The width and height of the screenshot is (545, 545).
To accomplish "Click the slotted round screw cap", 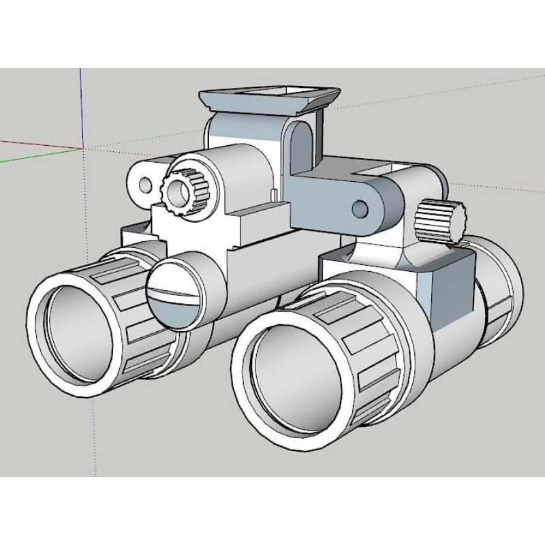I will (x=174, y=295).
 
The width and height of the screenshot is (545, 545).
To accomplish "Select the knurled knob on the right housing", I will (x=439, y=219).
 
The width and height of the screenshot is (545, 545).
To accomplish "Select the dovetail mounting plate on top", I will (x=269, y=99).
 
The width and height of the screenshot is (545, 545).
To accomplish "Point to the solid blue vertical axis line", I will (x=81, y=109).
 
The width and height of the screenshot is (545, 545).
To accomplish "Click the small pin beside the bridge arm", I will (x=272, y=195).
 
